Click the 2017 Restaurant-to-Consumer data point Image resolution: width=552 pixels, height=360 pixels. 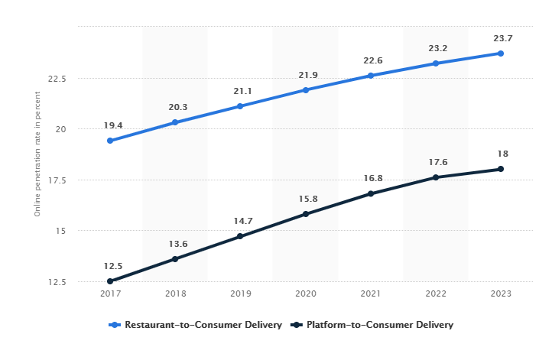(110, 141)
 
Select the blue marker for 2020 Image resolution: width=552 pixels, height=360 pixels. (306, 90)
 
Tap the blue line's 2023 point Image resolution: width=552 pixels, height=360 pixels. (501, 54)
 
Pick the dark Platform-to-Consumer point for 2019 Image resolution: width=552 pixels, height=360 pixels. (240, 236)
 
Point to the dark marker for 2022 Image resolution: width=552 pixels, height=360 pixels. (436, 177)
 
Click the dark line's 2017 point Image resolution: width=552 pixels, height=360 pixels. (110, 281)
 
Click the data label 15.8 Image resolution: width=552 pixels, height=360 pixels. (306, 199)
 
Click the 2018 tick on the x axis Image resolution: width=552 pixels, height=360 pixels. (175, 294)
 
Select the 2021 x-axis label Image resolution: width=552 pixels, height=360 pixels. (371, 294)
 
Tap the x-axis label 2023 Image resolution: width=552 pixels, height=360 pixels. (501, 294)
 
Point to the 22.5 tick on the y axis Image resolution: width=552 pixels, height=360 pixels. (57, 79)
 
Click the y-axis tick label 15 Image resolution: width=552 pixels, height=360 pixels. (62, 231)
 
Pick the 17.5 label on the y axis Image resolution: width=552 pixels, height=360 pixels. (57, 180)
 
